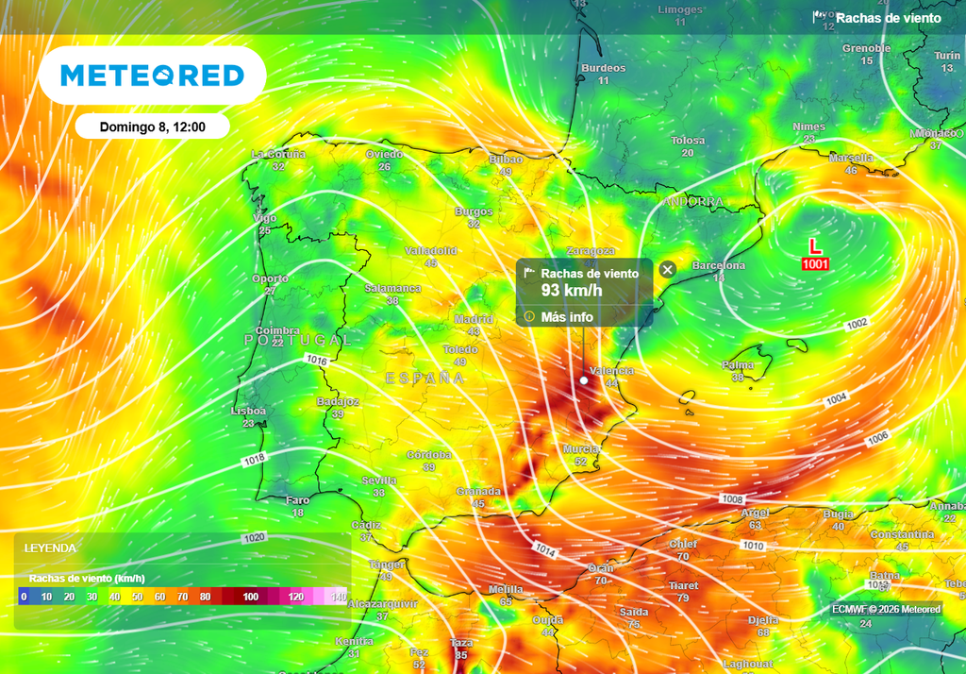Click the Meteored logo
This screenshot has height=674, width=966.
click(152, 76)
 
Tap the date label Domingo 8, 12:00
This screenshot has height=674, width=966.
click(152, 126)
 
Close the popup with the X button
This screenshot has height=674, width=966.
click(667, 270)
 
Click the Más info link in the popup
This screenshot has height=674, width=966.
click(566, 317)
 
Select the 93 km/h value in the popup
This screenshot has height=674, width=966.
click(572, 290)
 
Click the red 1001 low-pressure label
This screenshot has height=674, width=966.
click(815, 264)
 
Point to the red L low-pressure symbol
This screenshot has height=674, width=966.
click(815, 245)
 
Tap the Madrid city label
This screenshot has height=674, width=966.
click(474, 319)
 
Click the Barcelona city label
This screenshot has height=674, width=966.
click(718, 266)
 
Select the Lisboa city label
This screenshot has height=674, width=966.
click(248, 412)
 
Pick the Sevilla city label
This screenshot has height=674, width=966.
click(378, 480)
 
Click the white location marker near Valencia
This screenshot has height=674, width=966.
click(584, 380)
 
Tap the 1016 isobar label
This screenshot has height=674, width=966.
click(317, 360)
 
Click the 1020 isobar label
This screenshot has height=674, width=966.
click(255, 537)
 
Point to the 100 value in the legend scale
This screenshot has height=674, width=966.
click(250, 597)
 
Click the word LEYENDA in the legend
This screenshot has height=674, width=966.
click(50, 548)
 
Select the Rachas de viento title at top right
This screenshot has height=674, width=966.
click(888, 18)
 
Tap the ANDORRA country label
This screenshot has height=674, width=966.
click(692, 203)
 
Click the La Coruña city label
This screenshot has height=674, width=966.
click(278, 154)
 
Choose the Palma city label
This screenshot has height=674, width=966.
click(738, 365)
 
